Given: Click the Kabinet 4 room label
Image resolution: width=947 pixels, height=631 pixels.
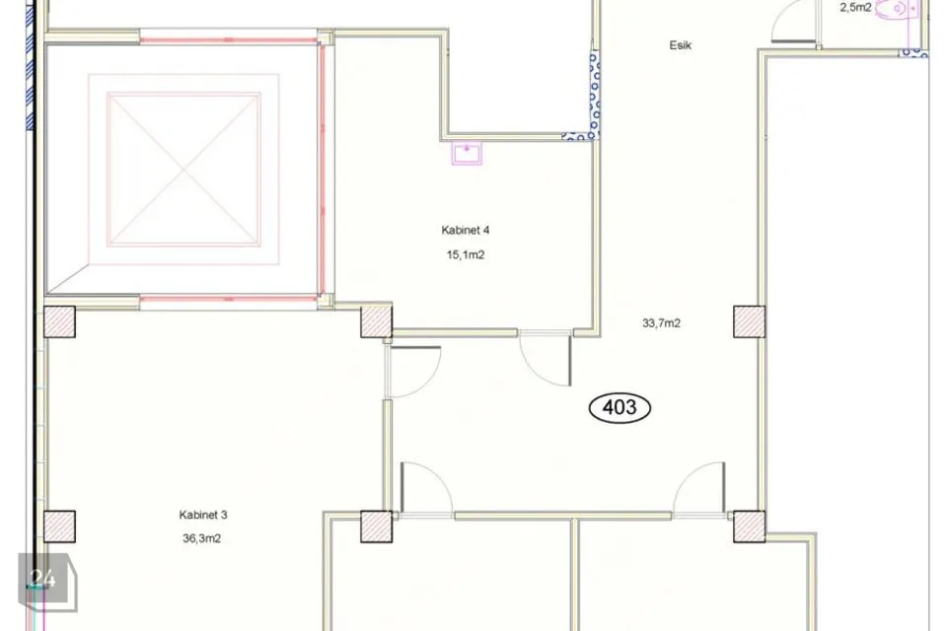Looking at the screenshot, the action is click(465, 230).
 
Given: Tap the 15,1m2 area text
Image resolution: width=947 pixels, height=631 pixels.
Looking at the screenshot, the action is click(465, 254).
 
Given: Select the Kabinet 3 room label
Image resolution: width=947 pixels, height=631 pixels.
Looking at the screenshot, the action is click(203, 515).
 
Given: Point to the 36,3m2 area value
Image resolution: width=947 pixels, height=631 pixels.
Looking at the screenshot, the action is click(201, 538).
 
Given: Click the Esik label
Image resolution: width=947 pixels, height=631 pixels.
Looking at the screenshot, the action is click(680, 45).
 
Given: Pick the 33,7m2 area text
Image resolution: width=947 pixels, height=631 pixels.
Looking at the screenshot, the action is click(661, 323).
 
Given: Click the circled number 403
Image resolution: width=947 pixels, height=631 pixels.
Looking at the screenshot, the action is click(619, 407).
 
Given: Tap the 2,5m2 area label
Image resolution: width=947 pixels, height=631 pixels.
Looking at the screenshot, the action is click(855, 8).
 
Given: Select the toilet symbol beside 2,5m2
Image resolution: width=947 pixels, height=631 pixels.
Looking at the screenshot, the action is click(900, 9).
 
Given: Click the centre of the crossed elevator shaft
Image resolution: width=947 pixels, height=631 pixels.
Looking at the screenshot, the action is click(184, 170).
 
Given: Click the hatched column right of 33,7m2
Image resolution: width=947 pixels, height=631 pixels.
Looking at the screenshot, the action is click(749, 321).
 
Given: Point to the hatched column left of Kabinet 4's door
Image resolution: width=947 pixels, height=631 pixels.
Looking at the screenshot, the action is click(376, 321).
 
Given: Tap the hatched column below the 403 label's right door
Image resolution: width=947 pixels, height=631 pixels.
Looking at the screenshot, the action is click(749, 526).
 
